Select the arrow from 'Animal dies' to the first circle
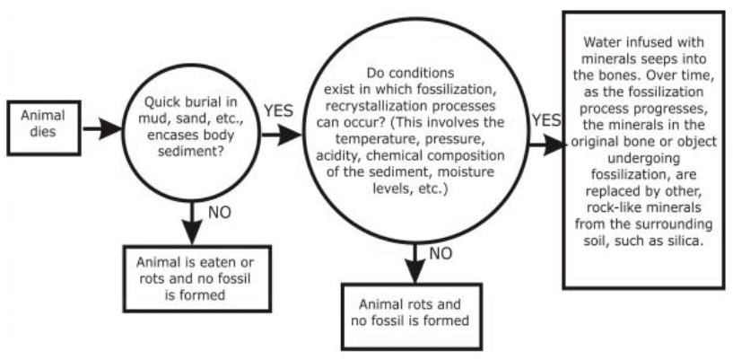coord(103,127)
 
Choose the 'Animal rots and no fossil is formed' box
coord(414,311)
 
